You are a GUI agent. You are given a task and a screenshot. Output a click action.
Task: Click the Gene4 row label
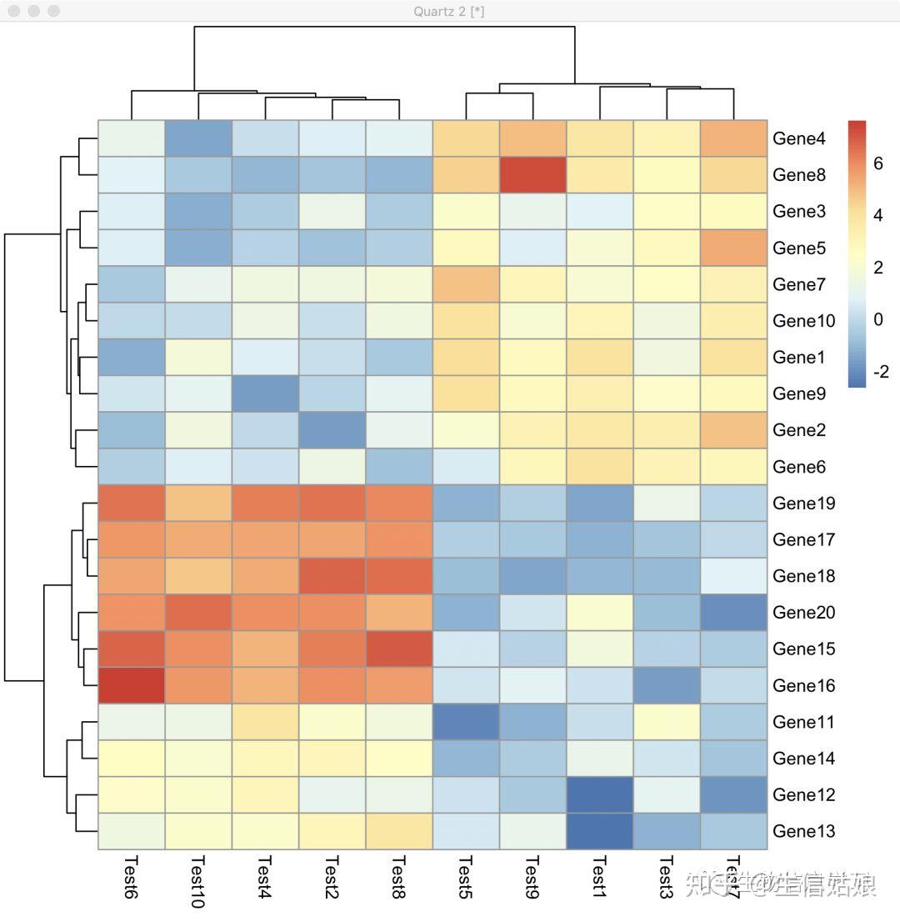[x=798, y=138]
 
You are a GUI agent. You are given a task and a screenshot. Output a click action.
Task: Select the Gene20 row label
[x=802, y=613]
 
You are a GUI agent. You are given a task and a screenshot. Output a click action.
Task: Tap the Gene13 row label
[x=802, y=831]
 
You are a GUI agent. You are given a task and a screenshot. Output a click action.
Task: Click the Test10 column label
[x=198, y=881]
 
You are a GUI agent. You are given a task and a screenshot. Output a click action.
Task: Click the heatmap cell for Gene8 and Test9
[x=532, y=175]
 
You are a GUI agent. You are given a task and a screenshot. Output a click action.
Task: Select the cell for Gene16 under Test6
[x=132, y=685]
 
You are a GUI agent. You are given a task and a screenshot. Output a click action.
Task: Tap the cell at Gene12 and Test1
[x=600, y=794]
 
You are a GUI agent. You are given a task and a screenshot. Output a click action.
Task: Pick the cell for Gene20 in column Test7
[x=733, y=613]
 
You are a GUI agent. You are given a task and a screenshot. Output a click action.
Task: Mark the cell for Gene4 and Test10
[x=198, y=138]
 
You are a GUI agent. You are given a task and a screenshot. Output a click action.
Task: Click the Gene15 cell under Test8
[x=399, y=649]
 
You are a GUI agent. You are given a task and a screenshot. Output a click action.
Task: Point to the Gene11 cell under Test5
[x=466, y=722]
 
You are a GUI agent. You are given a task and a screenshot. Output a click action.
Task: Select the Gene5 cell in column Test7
[x=733, y=248]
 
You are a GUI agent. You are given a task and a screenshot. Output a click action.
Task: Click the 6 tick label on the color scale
[x=878, y=164]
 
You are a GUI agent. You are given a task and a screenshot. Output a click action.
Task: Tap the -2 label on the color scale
[x=881, y=372]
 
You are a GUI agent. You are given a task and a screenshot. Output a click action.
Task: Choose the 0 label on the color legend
[x=878, y=319]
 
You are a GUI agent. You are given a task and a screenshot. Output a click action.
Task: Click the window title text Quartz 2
[x=449, y=11]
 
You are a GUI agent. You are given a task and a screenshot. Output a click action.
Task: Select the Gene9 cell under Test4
[x=265, y=393]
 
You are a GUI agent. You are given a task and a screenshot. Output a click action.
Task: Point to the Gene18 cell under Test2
[x=332, y=576]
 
